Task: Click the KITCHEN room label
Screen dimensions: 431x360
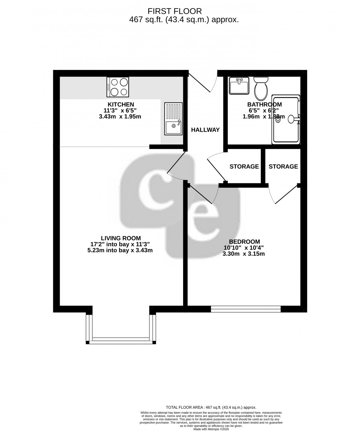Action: point(121,105)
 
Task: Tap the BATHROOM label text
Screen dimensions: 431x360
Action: point(264,105)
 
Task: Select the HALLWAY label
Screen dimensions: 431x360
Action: point(205,130)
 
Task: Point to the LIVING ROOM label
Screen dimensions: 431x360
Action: point(120,238)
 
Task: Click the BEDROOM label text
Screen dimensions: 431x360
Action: point(244,242)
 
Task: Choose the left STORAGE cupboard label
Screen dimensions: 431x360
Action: point(244,166)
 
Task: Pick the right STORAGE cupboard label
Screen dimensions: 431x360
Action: point(283,166)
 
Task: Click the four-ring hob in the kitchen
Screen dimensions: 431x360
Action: point(118,87)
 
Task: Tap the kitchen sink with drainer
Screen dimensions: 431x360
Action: point(173,119)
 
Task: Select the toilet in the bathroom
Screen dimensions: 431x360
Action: point(261,88)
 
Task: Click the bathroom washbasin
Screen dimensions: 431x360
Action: point(239,85)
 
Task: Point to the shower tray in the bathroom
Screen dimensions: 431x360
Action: point(286,119)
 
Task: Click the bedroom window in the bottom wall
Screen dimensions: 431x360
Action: point(246,309)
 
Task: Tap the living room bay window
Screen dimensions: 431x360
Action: point(121,340)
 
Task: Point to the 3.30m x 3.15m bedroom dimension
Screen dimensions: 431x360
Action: point(244,254)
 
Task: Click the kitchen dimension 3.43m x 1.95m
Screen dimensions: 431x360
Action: point(120,117)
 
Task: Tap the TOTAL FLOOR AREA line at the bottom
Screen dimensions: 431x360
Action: point(211,407)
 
